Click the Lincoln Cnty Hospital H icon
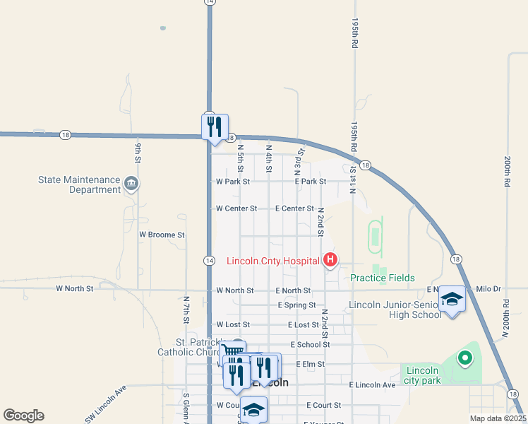(x=330, y=261)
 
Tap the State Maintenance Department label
(x=80, y=184)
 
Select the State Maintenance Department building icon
(x=131, y=184)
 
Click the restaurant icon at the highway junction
(x=215, y=127)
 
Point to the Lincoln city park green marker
(x=464, y=358)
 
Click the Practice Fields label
(x=383, y=278)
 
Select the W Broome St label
(x=162, y=234)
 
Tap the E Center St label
(x=294, y=208)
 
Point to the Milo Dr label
(x=488, y=289)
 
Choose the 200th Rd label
(x=507, y=171)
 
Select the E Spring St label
(x=296, y=305)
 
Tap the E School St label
(x=308, y=344)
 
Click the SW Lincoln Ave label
(x=105, y=404)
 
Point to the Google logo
(x=23, y=416)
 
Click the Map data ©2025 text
(x=498, y=418)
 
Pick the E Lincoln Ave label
(x=372, y=384)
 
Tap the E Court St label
(x=323, y=405)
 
